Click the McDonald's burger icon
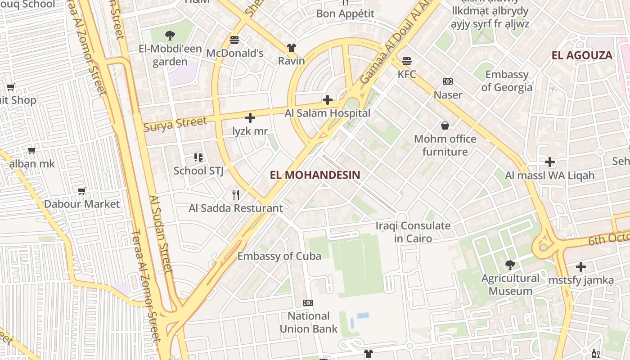pyautogui.click(x=234, y=40)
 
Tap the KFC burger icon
pyautogui.click(x=407, y=61)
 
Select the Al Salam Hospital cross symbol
pyautogui.click(x=328, y=100)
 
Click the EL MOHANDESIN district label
pyautogui.click(x=315, y=175)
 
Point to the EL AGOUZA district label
pyautogui.click(x=582, y=55)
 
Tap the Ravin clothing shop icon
pyautogui.click(x=292, y=47)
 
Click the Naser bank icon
pyautogui.click(x=448, y=81)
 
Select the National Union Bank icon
pyautogui.click(x=308, y=302)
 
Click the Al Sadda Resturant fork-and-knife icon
pyautogui.click(x=235, y=194)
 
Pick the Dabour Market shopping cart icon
pyautogui.click(x=82, y=191)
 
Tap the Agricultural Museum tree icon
pyautogui.click(x=510, y=265)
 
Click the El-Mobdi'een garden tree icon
pyautogui.click(x=170, y=35)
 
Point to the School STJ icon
pyautogui.click(x=198, y=157)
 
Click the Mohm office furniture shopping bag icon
pyautogui.click(x=445, y=126)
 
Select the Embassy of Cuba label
pyautogui.click(x=279, y=256)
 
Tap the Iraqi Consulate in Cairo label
pyautogui.click(x=413, y=232)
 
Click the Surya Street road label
pyautogui.click(x=175, y=124)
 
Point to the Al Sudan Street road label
pyautogui.click(x=161, y=234)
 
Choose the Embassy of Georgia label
pyautogui.click(x=507, y=81)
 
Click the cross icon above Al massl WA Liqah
pyautogui.click(x=549, y=162)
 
